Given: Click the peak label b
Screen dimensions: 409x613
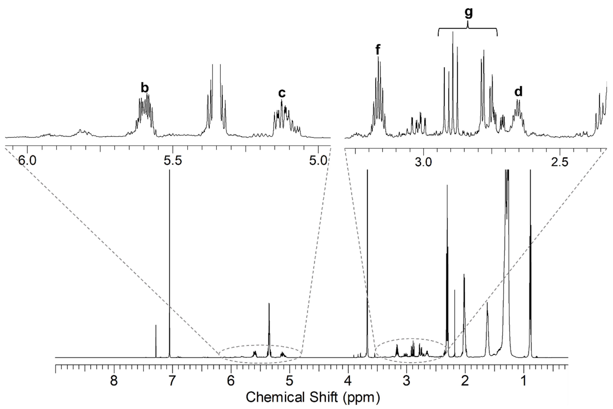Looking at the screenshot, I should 145,88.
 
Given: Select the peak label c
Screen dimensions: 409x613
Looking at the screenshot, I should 282,93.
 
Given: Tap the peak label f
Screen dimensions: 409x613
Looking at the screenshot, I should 378,50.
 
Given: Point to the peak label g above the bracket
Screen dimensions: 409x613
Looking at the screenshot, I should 468,12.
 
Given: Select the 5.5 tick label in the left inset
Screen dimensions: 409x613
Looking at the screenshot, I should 173,161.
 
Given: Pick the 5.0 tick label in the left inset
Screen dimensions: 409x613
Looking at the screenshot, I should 318,161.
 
